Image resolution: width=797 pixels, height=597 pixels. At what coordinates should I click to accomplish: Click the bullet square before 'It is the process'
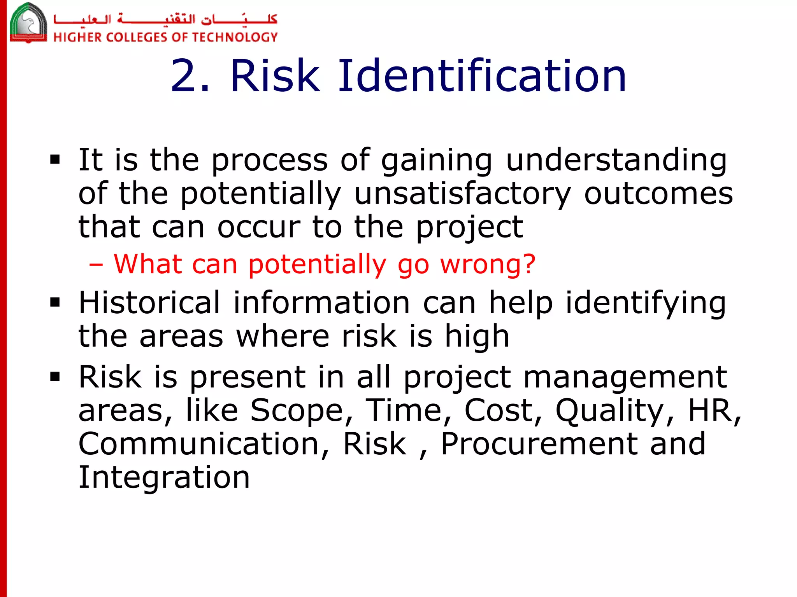(55, 160)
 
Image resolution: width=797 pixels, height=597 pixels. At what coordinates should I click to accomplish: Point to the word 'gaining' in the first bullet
(436, 161)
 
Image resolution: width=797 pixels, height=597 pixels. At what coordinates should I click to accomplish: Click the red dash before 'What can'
(96, 265)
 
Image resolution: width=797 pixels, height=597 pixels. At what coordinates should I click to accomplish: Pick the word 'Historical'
(149, 303)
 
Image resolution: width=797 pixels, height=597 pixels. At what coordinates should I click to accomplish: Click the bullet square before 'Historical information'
(55, 302)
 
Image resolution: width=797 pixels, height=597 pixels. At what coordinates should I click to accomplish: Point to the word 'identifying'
(646, 304)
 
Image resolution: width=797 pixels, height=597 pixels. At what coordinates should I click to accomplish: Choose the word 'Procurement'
(539, 444)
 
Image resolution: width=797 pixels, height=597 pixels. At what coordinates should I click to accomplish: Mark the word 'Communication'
(204, 444)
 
